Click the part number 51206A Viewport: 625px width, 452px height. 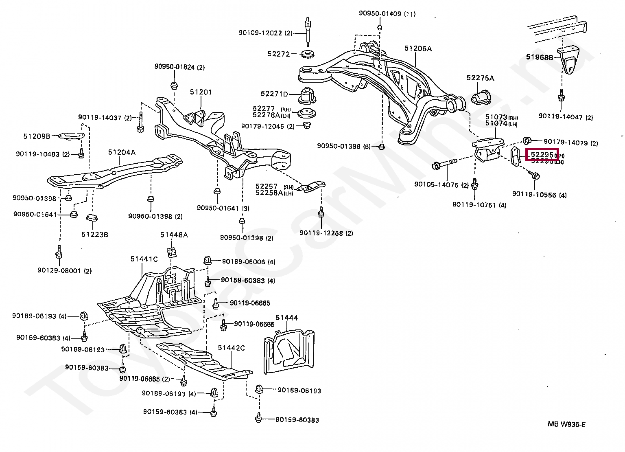[x=418, y=48]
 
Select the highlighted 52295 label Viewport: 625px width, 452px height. [x=542, y=155]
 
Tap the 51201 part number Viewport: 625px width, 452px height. [x=201, y=92]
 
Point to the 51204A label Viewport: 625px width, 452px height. [x=122, y=152]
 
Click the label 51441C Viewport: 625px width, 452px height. [x=144, y=259]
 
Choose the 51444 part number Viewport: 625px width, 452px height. [x=286, y=318]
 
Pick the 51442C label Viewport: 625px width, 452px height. [x=231, y=348]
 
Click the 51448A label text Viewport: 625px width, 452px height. [x=174, y=235]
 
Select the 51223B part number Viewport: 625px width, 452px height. [x=94, y=235]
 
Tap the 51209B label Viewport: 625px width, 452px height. [x=37, y=136]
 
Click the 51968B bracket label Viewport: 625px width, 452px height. [x=540, y=57]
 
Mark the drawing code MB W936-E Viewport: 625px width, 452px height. [x=566, y=424]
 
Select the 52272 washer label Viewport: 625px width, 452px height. [x=278, y=54]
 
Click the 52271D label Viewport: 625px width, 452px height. [x=274, y=94]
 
